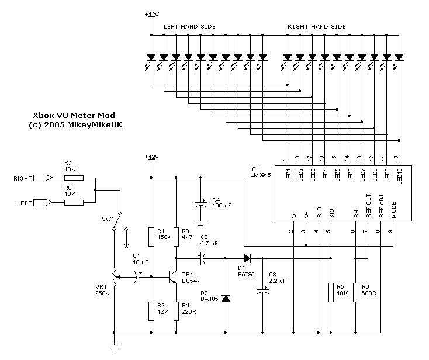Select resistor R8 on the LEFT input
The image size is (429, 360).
74,203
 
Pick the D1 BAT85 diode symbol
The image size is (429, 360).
246,257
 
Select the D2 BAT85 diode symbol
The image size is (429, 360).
226,299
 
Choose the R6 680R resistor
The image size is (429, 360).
355,290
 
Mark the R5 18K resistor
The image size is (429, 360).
331,290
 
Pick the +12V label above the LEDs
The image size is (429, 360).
151,14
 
